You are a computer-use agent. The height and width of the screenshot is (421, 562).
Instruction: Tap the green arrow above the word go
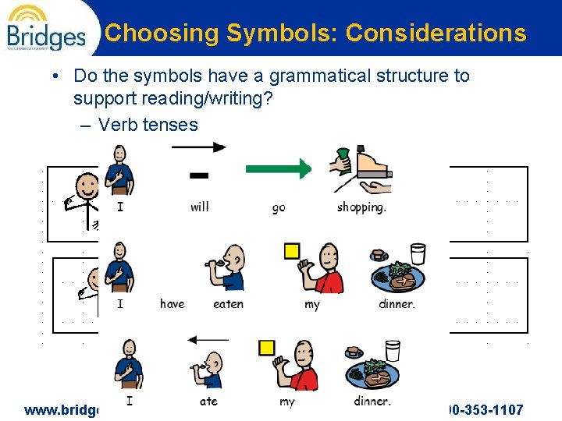tap(278, 168)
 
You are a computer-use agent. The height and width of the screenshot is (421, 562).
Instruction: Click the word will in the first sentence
tap(199, 207)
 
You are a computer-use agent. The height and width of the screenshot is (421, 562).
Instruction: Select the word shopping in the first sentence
tap(361, 207)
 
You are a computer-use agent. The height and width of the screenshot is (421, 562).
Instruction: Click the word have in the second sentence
tap(173, 304)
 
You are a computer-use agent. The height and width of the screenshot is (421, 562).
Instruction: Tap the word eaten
tap(228, 304)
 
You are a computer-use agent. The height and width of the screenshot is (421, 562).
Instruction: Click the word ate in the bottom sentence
tap(208, 402)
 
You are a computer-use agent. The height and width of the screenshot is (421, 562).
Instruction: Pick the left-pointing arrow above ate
tap(208, 340)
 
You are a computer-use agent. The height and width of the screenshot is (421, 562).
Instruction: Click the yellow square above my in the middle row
tap(291, 250)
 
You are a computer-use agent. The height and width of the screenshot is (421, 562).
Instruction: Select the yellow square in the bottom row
tap(267, 347)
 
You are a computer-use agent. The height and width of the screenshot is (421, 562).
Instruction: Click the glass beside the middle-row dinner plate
tap(418, 254)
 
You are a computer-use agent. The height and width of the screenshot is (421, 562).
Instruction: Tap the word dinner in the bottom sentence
tap(372, 402)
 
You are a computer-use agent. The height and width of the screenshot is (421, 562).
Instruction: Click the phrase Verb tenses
tap(148, 125)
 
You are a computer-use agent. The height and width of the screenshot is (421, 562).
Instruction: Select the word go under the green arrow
tap(279, 207)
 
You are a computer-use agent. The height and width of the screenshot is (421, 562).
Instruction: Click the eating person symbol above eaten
tap(229, 269)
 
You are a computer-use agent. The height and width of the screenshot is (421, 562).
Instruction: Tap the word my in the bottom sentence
tap(287, 402)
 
